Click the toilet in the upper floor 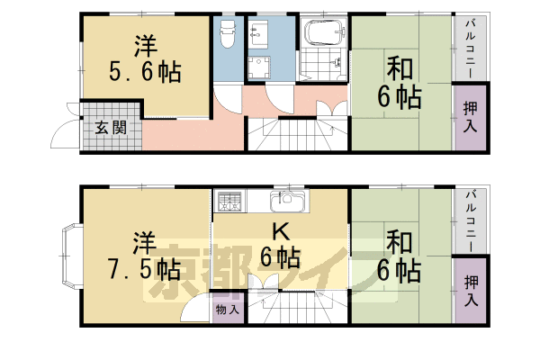pos(227,34)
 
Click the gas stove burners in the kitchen pos(229,201)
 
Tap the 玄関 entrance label pos(112,127)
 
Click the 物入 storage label pos(228,309)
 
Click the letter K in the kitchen pos(280,232)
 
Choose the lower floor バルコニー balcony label pos(470,221)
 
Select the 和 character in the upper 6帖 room pos(399,69)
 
